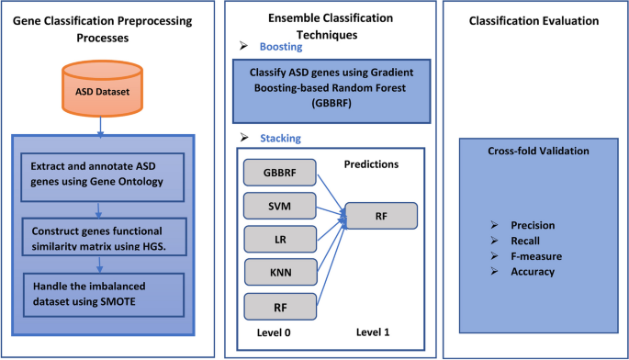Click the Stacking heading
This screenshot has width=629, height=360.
pos(279,139)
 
